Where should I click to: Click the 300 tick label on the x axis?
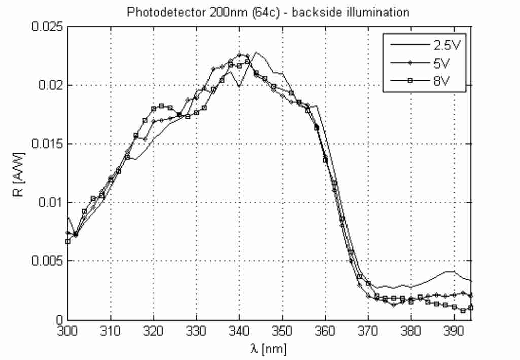click(67, 331)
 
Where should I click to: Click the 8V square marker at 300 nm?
click(67, 241)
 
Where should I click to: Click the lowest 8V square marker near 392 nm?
click(463, 310)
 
